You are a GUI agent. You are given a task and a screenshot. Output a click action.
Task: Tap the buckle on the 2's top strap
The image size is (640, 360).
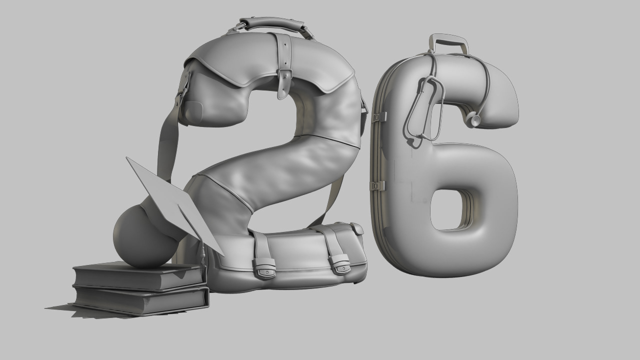[284, 83]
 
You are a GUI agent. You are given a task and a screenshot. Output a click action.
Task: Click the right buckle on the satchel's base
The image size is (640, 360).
[340, 264]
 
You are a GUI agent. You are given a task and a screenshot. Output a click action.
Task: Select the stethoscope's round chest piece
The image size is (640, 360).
[473, 120]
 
